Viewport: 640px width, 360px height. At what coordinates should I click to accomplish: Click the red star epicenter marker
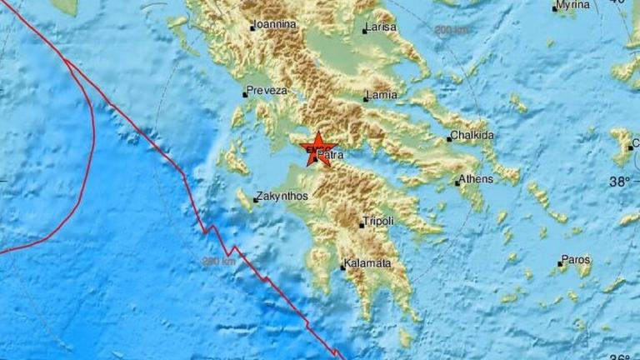[317, 148]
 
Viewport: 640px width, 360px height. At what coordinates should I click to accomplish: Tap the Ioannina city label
[275, 25]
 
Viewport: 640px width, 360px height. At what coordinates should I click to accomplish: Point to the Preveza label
[267, 90]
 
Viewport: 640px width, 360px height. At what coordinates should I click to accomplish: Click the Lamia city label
[382, 95]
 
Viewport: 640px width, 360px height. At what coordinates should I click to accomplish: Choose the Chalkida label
[472, 135]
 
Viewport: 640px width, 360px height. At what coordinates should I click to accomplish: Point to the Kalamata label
[368, 264]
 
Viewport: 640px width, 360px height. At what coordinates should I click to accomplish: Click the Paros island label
[577, 260]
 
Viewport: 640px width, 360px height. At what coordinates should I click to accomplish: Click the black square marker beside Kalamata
[342, 267]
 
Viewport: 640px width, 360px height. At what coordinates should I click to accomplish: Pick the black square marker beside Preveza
[245, 94]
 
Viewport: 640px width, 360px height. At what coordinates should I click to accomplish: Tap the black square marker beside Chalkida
[448, 139]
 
